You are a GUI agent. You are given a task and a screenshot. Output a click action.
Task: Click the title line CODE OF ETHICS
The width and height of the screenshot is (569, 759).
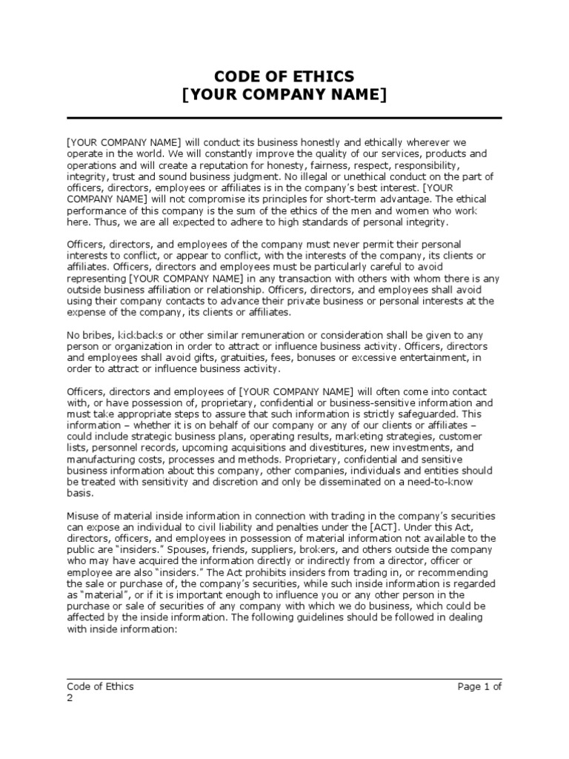coord(284,76)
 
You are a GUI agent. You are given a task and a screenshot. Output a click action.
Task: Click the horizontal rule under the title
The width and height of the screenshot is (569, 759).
coord(284,118)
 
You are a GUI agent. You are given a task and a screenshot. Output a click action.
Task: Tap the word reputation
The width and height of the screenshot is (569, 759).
coord(227,165)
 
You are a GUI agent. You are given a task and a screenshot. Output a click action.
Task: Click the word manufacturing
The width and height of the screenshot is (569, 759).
coord(100,460)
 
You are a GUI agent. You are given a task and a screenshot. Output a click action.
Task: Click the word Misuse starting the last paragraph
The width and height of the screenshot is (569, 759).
coord(84,515)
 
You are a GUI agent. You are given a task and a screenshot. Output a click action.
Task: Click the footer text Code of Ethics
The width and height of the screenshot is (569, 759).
coord(100,686)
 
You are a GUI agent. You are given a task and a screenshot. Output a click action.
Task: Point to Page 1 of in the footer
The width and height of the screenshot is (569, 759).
coord(479,686)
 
